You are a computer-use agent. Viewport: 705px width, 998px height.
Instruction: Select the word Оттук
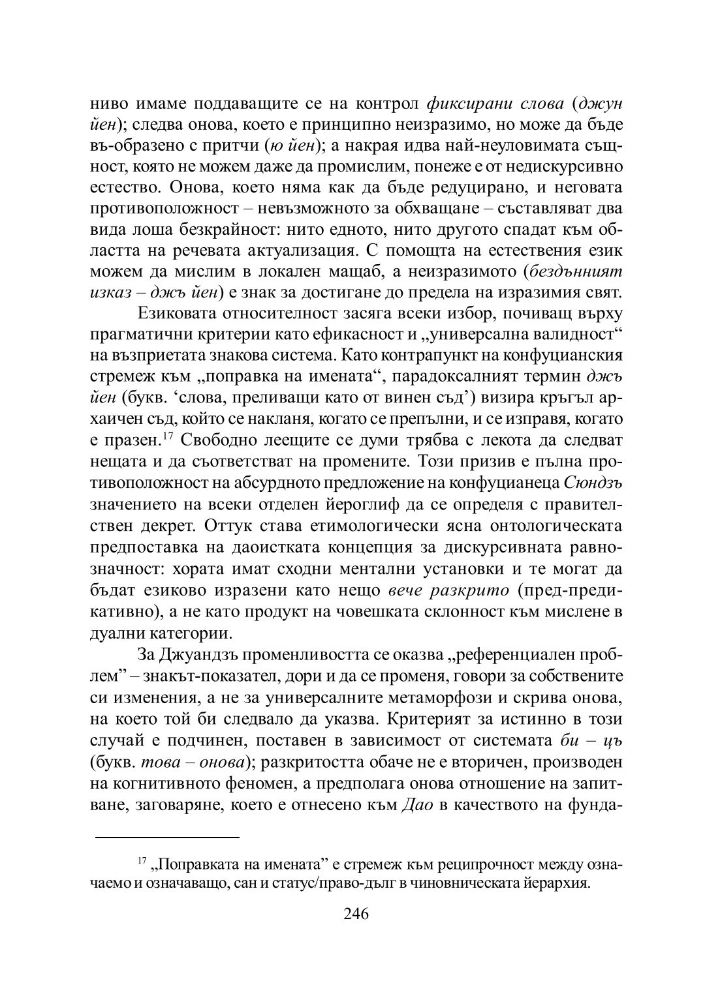point(232,524)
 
